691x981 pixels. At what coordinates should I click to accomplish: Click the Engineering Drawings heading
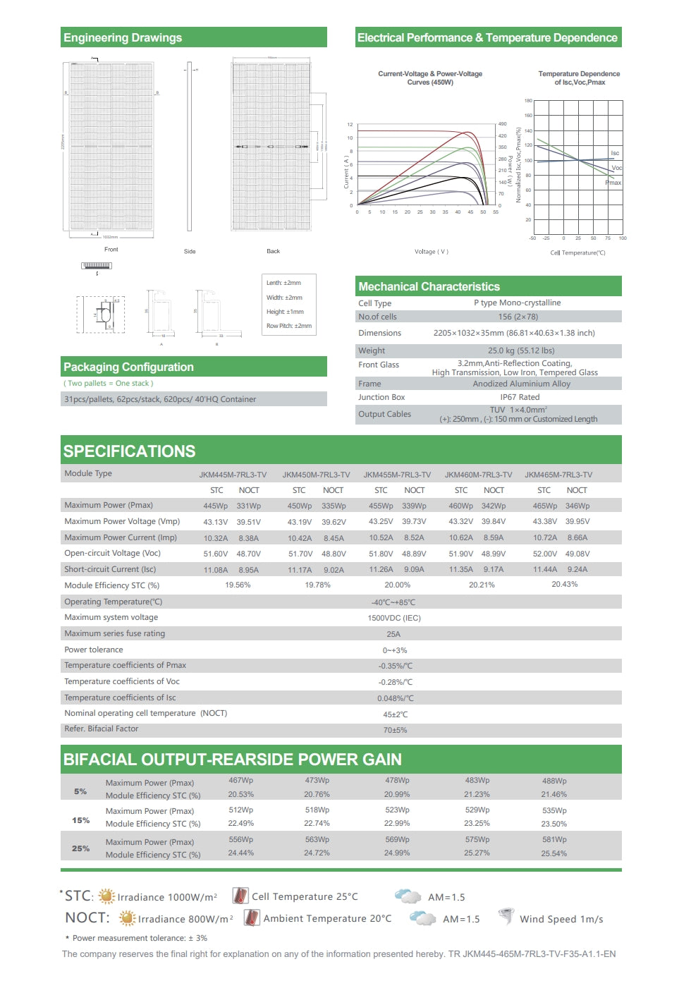tap(123, 38)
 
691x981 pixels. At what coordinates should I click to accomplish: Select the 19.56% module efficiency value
tap(238, 585)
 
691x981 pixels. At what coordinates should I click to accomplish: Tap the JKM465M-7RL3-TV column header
tap(558, 475)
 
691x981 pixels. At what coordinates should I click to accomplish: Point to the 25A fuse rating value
tap(393, 634)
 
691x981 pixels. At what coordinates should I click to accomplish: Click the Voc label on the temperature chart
tap(616, 168)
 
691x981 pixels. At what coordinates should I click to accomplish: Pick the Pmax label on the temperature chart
tap(613, 183)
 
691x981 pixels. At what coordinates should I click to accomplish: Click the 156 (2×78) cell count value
tap(518, 317)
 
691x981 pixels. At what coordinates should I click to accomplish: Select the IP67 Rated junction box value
tap(520, 397)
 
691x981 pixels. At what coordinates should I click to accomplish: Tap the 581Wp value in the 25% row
tap(554, 839)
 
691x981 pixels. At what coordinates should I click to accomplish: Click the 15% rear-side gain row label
tap(81, 820)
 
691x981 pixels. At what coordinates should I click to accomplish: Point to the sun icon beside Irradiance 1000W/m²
tap(106, 896)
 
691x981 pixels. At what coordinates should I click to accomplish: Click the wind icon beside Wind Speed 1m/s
tap(506, 917)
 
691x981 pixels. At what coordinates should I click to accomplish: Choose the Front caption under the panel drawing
tap(111, 250)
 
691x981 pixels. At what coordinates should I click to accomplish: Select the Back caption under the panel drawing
tap(273, 251)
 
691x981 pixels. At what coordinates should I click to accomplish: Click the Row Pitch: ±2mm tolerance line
tap(289, 326)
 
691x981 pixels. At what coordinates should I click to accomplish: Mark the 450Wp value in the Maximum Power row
tap(299, 506)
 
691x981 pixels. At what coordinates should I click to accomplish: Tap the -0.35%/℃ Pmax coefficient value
tap(396, 666)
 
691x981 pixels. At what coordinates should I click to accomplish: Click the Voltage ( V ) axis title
tap(432, 252)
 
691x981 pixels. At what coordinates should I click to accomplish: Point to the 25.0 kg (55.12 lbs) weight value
tap(521, 351)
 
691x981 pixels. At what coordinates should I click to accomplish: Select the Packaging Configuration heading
tap(128, 367)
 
